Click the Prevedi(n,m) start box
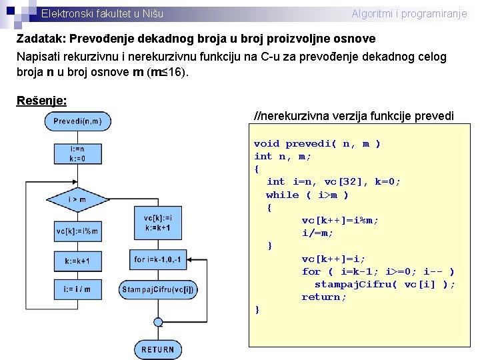click(77, 121)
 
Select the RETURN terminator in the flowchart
click(157, 349)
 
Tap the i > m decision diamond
click(77, 199)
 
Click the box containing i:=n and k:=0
click(77, 154)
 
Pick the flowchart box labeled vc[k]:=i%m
click(77, 231)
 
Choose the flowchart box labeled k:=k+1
click(77, 261)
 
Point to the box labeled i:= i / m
click(77, 289)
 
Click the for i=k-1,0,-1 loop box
click(157, 259)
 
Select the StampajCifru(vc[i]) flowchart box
click(157, 289)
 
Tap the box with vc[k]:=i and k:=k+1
click(157, 222)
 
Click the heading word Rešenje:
click(41, 100)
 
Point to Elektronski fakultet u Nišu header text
click(101, 13)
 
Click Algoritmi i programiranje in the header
click(409, 13)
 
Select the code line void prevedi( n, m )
click(317, 143)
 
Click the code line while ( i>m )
click(307, 195)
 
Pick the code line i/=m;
click(317, 233)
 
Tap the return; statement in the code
click(324, 297)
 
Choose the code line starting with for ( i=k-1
click(378, 271)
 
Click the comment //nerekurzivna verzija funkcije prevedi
click(354, 116)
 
